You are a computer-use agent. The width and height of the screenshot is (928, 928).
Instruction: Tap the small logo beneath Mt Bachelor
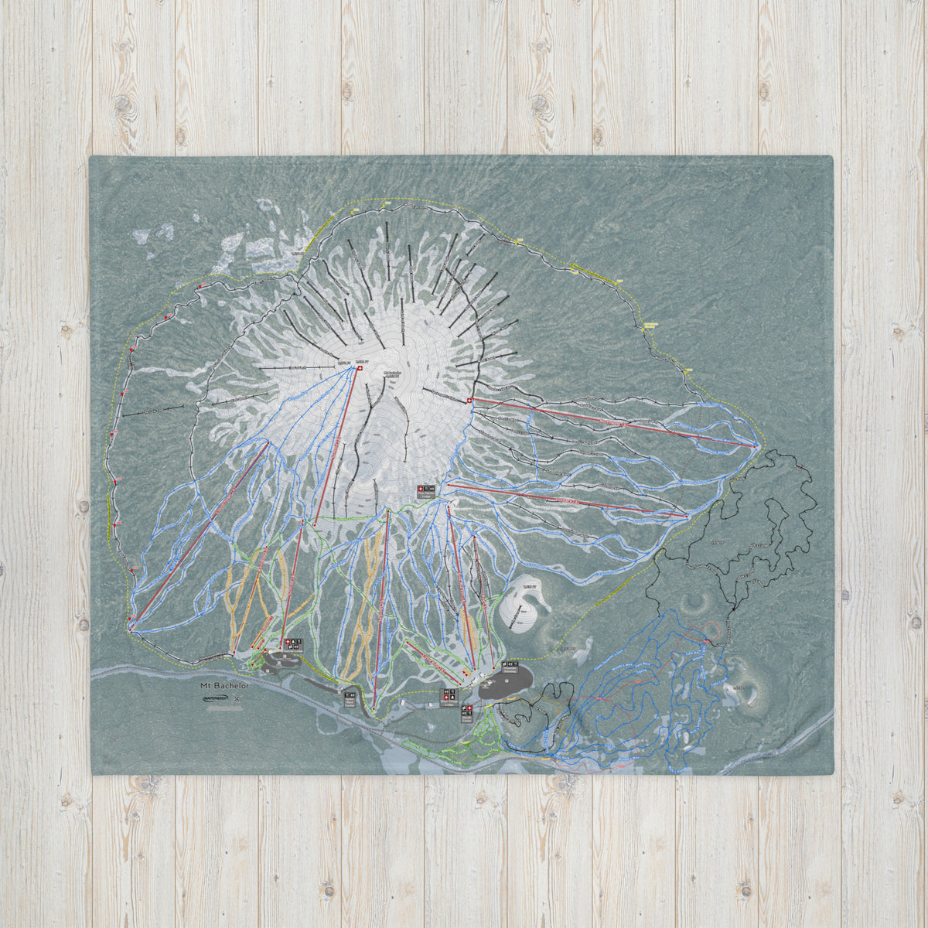click(x=213, y=698)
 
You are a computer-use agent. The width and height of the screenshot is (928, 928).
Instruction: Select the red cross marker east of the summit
click(x=471, y=400)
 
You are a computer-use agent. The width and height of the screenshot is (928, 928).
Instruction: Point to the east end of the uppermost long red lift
click(x=756, y=445)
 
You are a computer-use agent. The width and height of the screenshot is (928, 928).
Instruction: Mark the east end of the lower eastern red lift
click(x=687, y=514)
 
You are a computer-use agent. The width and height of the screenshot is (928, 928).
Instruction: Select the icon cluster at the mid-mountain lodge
click(x=426, y=490)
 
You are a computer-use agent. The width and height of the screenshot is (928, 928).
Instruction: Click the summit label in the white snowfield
click(x=393, y=374)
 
